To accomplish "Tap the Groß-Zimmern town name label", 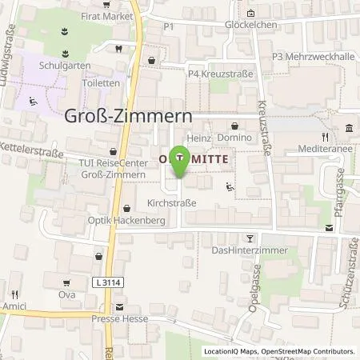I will pyautogui.click(x=127, y=116).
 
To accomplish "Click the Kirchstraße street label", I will pyautogui.click(x=171, y=203).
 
